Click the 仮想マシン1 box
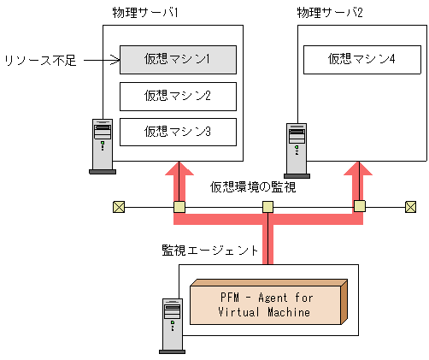pos(177,59)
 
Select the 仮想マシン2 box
pos(177,95)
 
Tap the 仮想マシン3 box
pos(177,131)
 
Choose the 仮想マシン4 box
pos(361,59)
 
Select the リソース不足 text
pos(38,61)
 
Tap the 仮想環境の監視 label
pos(254,186)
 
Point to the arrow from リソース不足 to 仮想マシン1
pos(101,60)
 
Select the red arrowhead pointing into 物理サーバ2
pos(359,173)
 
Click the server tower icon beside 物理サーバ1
pos(103,145)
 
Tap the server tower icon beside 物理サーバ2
pos(297,150)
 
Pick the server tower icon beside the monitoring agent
pos(172,325)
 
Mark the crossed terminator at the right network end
pos(410,206)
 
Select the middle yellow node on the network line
pos(267,206)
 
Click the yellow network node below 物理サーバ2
pos(359,206)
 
